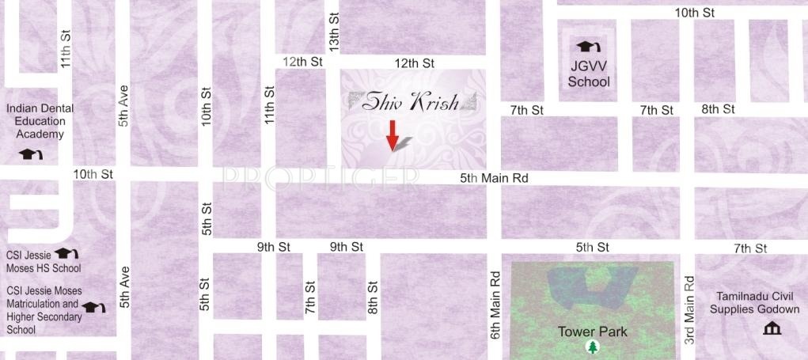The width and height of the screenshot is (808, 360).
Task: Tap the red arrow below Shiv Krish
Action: pos(392,135)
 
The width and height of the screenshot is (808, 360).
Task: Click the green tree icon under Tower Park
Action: pos(591,347)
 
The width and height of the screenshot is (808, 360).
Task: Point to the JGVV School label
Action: pos(589,74)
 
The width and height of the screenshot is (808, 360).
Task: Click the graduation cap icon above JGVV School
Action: pos(589,47)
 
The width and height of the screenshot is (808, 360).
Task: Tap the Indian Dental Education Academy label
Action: pos(41,121)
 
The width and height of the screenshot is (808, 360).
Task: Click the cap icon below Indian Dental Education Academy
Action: pos(30,154)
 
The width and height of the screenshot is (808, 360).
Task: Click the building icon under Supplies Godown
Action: pos(771,328)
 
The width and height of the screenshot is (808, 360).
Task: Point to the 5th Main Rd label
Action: pos(494,179)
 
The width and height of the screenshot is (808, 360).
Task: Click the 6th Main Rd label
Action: pos(495,295)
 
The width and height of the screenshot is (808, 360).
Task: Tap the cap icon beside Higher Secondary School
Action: pos(94,307)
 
